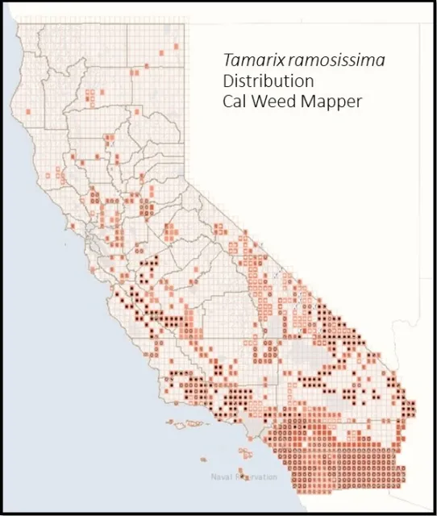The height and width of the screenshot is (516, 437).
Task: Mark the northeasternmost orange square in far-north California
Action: [x=175, y=47]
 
